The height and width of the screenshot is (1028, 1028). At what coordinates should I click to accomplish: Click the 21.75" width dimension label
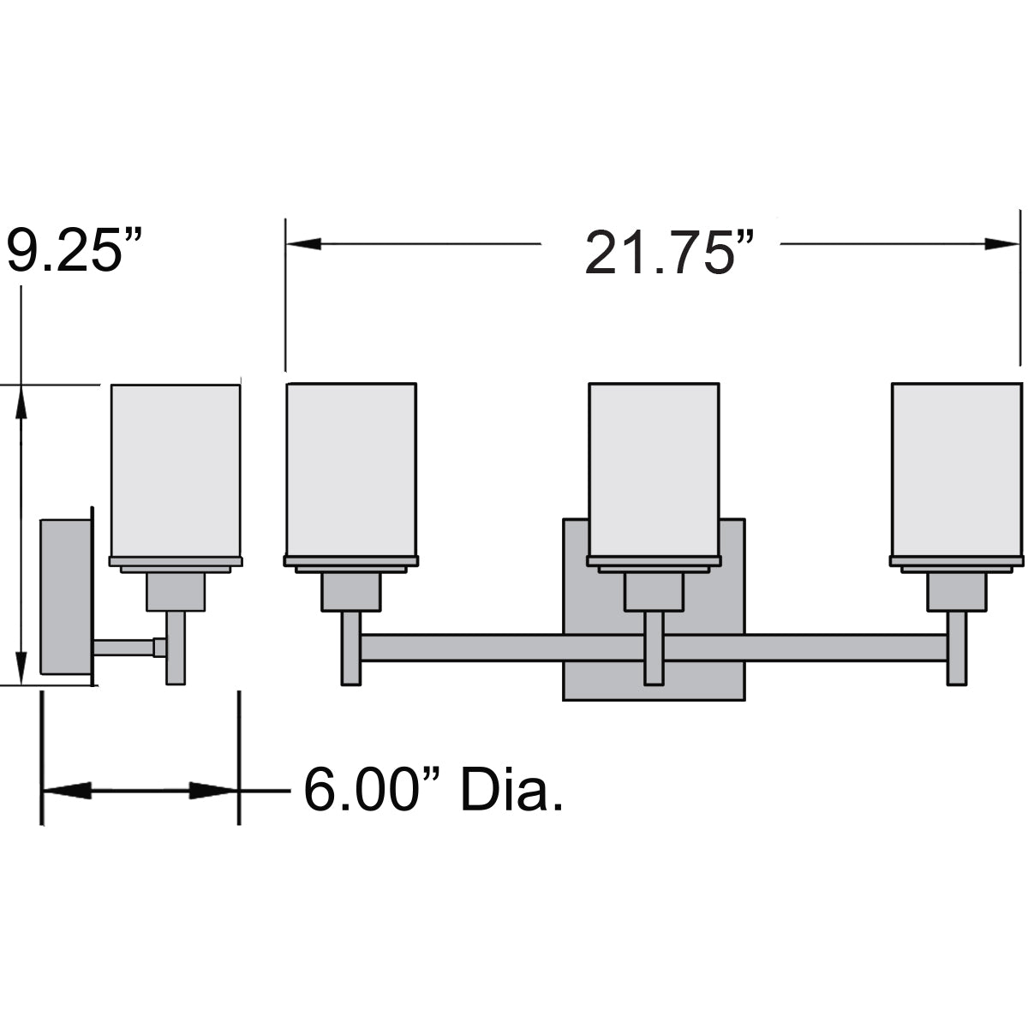(x=669, y=253)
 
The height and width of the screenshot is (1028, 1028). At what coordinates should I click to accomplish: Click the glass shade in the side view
(x=176, y=470)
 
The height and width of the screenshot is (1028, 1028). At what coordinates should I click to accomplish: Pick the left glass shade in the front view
(x=351, y=469)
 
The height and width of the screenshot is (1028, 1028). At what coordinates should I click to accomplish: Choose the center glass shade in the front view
(x=654, y=469)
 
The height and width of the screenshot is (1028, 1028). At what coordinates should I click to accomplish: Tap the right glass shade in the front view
(x=957, y=469)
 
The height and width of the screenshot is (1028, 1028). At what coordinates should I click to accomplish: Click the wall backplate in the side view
(x=67, y=596)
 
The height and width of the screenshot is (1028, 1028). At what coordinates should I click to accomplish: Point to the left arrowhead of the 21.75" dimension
(x=303, y=244)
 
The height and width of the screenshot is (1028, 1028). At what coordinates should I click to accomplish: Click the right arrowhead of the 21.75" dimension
(x=1001, y=244)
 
